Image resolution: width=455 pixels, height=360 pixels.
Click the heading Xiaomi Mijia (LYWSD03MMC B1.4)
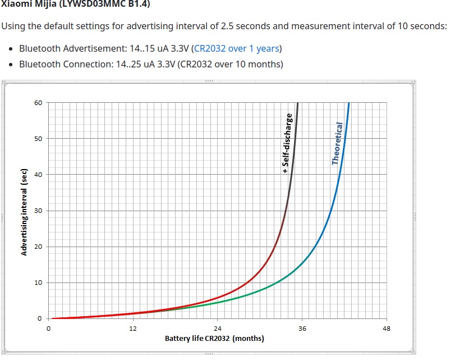click(76, 4)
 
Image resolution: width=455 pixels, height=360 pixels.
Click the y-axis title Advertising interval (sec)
click(24, 211)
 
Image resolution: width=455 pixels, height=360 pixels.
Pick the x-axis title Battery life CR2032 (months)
click(214, 338)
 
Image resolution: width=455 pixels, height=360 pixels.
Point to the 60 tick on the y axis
click(38, 103)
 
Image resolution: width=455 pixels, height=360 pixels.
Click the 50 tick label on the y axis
click(38, 139)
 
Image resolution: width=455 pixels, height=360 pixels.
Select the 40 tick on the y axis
click(38, 175)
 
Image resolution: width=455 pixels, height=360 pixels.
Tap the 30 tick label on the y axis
click(38, 211)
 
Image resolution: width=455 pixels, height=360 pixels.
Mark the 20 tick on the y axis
click(38, 247)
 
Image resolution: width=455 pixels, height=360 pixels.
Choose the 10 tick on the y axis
click(38, 282)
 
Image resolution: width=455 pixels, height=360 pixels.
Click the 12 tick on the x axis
click(133, 328)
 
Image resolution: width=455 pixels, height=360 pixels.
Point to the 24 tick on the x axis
click(218, 328)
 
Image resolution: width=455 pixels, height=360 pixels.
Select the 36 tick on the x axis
click(302, 328)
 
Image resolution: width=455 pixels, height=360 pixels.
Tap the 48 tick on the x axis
click(386, 328)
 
